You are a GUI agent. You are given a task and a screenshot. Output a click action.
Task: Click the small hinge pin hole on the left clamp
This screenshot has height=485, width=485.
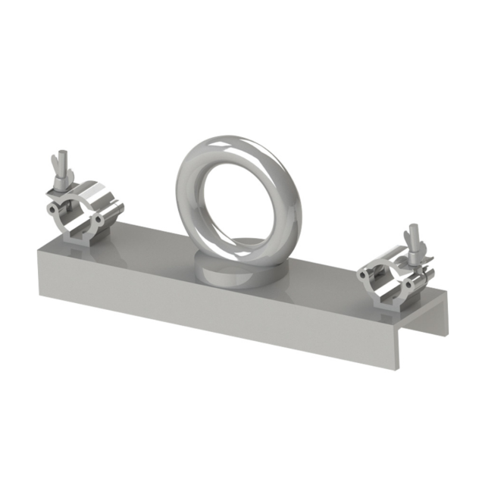[98, 220]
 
